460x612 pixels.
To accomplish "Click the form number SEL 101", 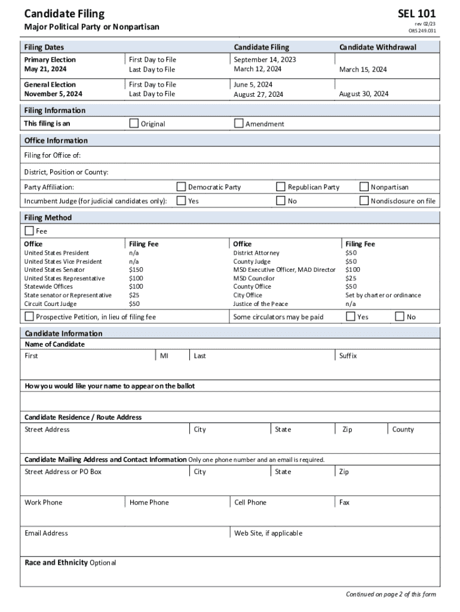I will [x=417, y=13].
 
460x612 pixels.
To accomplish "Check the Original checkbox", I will [x=134, y=123].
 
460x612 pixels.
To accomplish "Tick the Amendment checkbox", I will [x=239, y=123].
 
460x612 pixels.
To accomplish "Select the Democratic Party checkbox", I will [x=182, y=186].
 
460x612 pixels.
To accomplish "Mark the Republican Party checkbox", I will [x=281, y=186].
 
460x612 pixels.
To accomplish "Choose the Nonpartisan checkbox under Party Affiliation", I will [x=364, y=186].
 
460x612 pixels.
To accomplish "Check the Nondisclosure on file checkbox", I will [x=364, y=201].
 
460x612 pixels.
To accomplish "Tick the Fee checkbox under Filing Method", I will [x=29, y=231].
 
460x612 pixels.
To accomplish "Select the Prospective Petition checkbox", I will [x=29, y=316].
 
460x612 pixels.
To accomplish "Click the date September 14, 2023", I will [x=265, y=60].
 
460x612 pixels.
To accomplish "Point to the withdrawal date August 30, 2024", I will [x=363, y=94].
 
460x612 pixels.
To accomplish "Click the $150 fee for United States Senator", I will [x=136, y=270].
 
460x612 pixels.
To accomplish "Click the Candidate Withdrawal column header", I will [x=378, y=47].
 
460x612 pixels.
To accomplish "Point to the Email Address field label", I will [x=46, y=533].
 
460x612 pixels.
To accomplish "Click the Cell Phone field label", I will [x=250, y=503].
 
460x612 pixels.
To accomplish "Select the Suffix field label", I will [x=348, y=356].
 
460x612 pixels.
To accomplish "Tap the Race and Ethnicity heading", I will [x=56, y=562].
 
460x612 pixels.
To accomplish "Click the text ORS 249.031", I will [x=422, y=31].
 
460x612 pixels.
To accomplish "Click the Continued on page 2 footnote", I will [x=391, y=594].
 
